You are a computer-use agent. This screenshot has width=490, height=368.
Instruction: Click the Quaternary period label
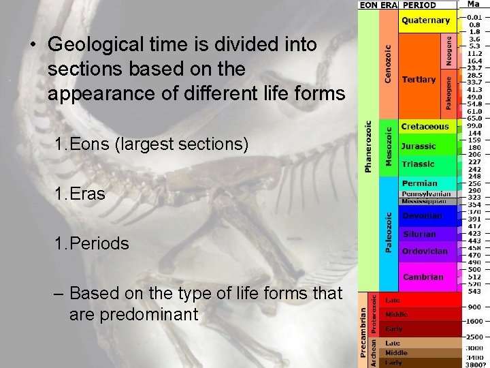[x=425, y=20]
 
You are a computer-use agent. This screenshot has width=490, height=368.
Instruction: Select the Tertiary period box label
[x=419, y=80]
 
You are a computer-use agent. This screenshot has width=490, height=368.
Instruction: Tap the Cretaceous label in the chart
[x=425, y=127]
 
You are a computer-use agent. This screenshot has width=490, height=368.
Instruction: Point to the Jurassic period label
[x=419, y=146]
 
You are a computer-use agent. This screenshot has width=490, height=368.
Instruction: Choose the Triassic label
[x=418, y=164]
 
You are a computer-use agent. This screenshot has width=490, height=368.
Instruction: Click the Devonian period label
[x=421, y=216]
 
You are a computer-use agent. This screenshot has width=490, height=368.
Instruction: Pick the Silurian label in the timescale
[x=419, y=234]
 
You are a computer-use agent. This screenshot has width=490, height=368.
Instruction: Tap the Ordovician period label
[x=425, y=251]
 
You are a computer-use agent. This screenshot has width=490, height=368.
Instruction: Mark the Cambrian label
[x=423, y=277]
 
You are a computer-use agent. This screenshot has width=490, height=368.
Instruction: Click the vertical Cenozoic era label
[x=388, y=64]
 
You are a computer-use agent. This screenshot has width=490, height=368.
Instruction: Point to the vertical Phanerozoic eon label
[x=368, y=147]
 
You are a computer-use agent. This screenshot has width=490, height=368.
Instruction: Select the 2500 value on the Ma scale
[x=474, y=337]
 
